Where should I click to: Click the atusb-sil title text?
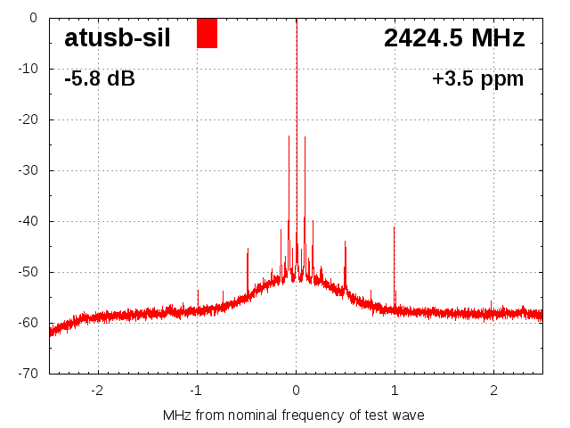coord(118,37)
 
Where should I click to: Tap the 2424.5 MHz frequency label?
coord(454,37)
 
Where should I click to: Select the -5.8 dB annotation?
coord(100,78)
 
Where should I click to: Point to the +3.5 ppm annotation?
coord(477,78)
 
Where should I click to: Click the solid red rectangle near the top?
coord(207,33)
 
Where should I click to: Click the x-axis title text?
coord(294,415)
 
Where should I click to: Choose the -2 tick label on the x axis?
coord(97,390)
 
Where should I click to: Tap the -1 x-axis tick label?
coord(196,390)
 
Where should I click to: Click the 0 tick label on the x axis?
coord(296,390)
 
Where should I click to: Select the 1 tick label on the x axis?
coord(395,390)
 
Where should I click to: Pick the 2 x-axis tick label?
coord(493,390)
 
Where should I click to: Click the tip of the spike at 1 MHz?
coord(395,227)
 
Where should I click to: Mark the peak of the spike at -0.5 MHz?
coord(248,249)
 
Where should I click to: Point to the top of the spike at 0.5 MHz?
coord(345,242)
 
